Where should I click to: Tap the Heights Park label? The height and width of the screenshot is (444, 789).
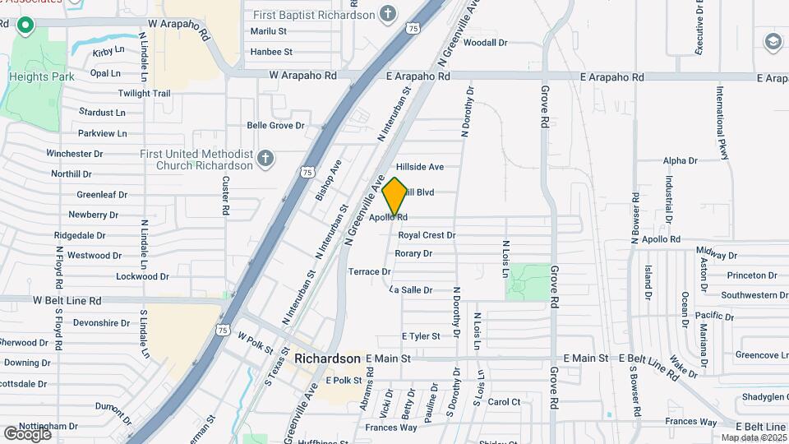pyautogui.click(x=42, y=76)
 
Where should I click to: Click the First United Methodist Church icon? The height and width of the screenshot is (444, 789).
pyautogui.click(x=265, y=159)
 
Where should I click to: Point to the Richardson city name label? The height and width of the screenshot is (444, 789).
pyautogui.click(x=327, y=359)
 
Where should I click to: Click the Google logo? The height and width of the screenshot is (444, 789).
pyautogui.click(x=27, y=433)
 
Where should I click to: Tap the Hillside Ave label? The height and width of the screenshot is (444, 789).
pyautogui.click(x=420, y=167)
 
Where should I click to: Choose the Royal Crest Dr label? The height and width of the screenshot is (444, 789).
pyautogui.click(x=427, y=235)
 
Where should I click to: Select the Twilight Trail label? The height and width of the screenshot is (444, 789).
pyautogui.click(x=144, y=94)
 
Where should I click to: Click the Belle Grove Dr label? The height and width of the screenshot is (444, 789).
pyautogui.click(x=276, y=126)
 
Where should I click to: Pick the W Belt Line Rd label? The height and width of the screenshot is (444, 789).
pyautogui.click(x=67, y=301)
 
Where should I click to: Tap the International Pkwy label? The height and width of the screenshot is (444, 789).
pyautogui.click(x=721, y=116)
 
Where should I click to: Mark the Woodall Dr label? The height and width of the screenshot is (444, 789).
pyautogui.click(x=486, y=43)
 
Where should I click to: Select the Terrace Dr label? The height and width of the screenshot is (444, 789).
pyautogui.click(x=369, y=271)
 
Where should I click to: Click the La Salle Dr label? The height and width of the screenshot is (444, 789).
pyautogui.click(x=411, y=290)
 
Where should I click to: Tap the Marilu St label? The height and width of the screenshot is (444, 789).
pyautogui.click(x=269, y=31)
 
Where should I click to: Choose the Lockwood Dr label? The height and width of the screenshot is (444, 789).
pyautogui.click(x=142, y=277)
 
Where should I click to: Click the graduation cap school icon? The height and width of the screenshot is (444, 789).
pyautogui.click(x=773, y=41)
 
